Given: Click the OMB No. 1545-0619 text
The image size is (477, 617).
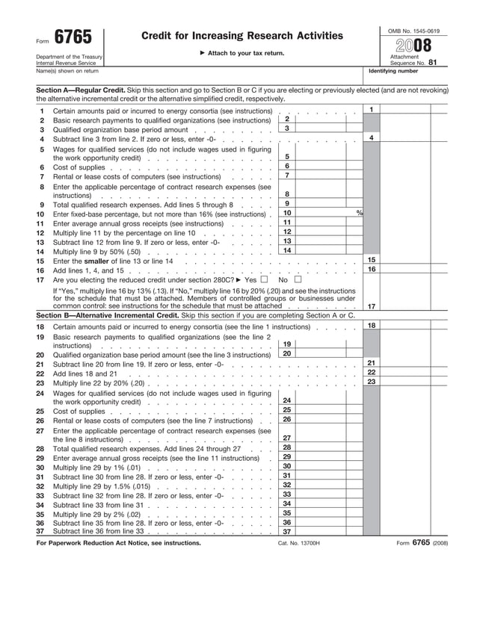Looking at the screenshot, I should click(413, 31).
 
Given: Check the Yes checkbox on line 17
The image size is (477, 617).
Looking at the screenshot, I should click(263, 279).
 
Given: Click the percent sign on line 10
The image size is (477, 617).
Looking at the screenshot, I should click(359, 214).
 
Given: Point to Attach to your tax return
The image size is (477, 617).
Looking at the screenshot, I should click(242, 53).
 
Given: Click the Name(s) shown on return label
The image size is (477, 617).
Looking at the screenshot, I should click(67, 71).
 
